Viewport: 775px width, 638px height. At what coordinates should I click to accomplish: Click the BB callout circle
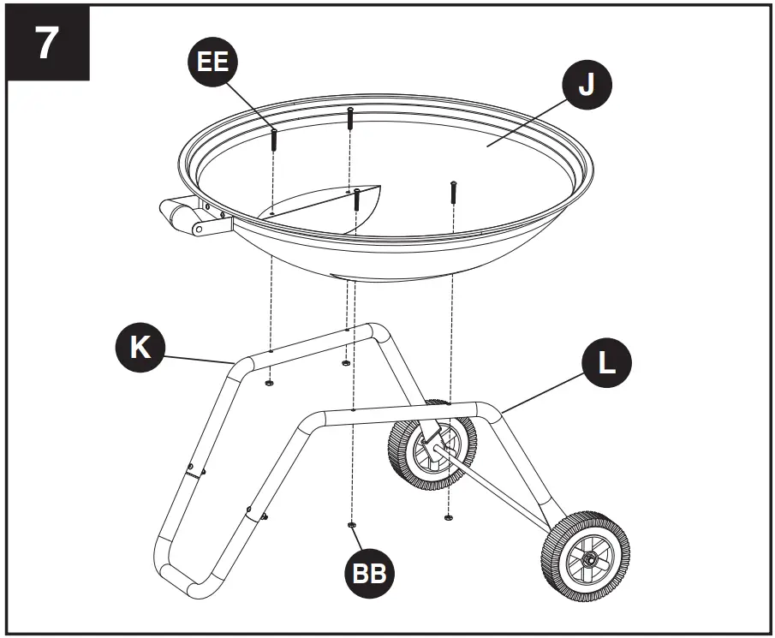pos(371,573)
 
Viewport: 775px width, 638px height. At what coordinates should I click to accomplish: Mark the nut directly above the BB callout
pos(351,524)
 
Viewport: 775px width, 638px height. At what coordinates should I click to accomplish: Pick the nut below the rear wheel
pos(448,516)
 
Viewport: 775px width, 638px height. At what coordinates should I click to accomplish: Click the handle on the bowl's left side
pos(183,215)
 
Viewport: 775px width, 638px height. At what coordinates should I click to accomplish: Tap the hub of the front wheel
pos(590,558)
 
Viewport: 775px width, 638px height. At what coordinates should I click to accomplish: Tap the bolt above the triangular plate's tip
pos(355,200)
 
